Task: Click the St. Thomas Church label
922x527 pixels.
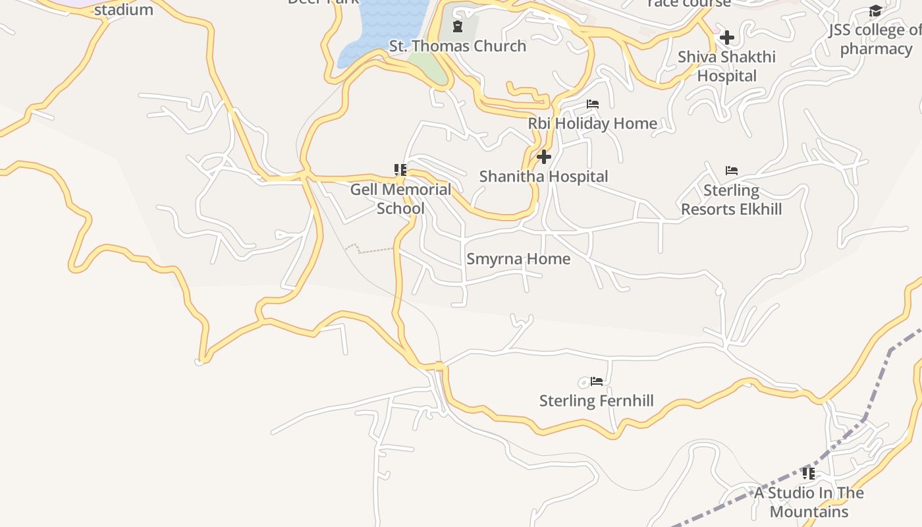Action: click(x=458, y=46)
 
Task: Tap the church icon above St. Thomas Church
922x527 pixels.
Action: click(x=457, y=26)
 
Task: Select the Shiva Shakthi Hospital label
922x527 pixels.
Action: click(x=726, y=66)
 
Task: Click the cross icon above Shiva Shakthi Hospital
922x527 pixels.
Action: click(x=726, y=38)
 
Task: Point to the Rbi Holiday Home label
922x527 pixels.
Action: click(x=593, y=123)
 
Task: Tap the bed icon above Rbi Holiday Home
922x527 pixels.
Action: click(x=593, y=104)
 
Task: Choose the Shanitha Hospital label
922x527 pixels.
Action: click(x=543, y=177)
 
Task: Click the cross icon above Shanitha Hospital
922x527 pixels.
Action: click(x=544, y=157)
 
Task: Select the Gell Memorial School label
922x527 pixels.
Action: click(x=400, y=199)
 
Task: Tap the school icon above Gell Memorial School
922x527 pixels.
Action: click(x=400, y=170)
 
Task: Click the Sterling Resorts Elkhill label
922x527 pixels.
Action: click(x=731, y=200)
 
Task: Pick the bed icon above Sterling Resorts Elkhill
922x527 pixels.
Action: click(x=731, y=171)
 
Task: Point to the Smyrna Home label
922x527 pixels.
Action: click(x=518, y=259)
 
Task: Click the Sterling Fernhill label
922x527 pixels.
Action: click(x=596, y=401)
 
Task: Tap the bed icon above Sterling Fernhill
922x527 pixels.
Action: click(x=597, y=381)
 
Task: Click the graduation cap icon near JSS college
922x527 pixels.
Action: click(x=875, y=11)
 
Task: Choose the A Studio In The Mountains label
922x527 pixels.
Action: click(x=809, y=502)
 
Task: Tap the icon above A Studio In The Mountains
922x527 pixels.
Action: click(x=809, y=473)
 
